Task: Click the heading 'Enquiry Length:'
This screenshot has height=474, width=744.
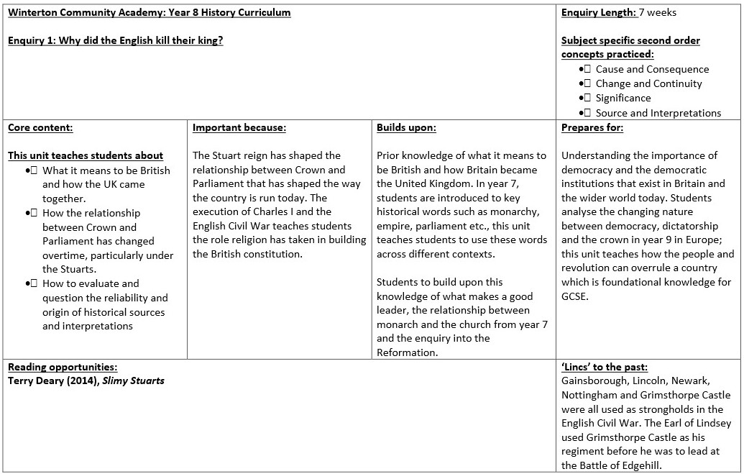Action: (598, 12)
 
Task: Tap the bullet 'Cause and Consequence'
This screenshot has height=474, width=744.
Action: (652, 69)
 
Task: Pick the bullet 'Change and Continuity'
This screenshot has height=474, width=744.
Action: (648, 83)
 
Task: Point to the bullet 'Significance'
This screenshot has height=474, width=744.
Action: (623, 98)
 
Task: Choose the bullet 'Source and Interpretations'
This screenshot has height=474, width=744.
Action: (658, 113)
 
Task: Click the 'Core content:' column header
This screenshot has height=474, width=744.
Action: (40, 128)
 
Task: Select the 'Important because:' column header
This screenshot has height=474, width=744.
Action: (239, 128)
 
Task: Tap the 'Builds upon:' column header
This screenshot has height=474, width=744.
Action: (406, 128)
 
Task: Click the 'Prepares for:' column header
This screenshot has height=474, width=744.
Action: (592, 128)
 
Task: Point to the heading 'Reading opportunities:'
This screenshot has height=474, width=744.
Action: (63, 367)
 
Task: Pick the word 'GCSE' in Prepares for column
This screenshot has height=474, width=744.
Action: (576, 296)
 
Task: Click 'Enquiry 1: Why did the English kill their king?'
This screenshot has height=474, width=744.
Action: (115, 40)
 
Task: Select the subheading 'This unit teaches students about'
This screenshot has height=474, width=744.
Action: (86, 155)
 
